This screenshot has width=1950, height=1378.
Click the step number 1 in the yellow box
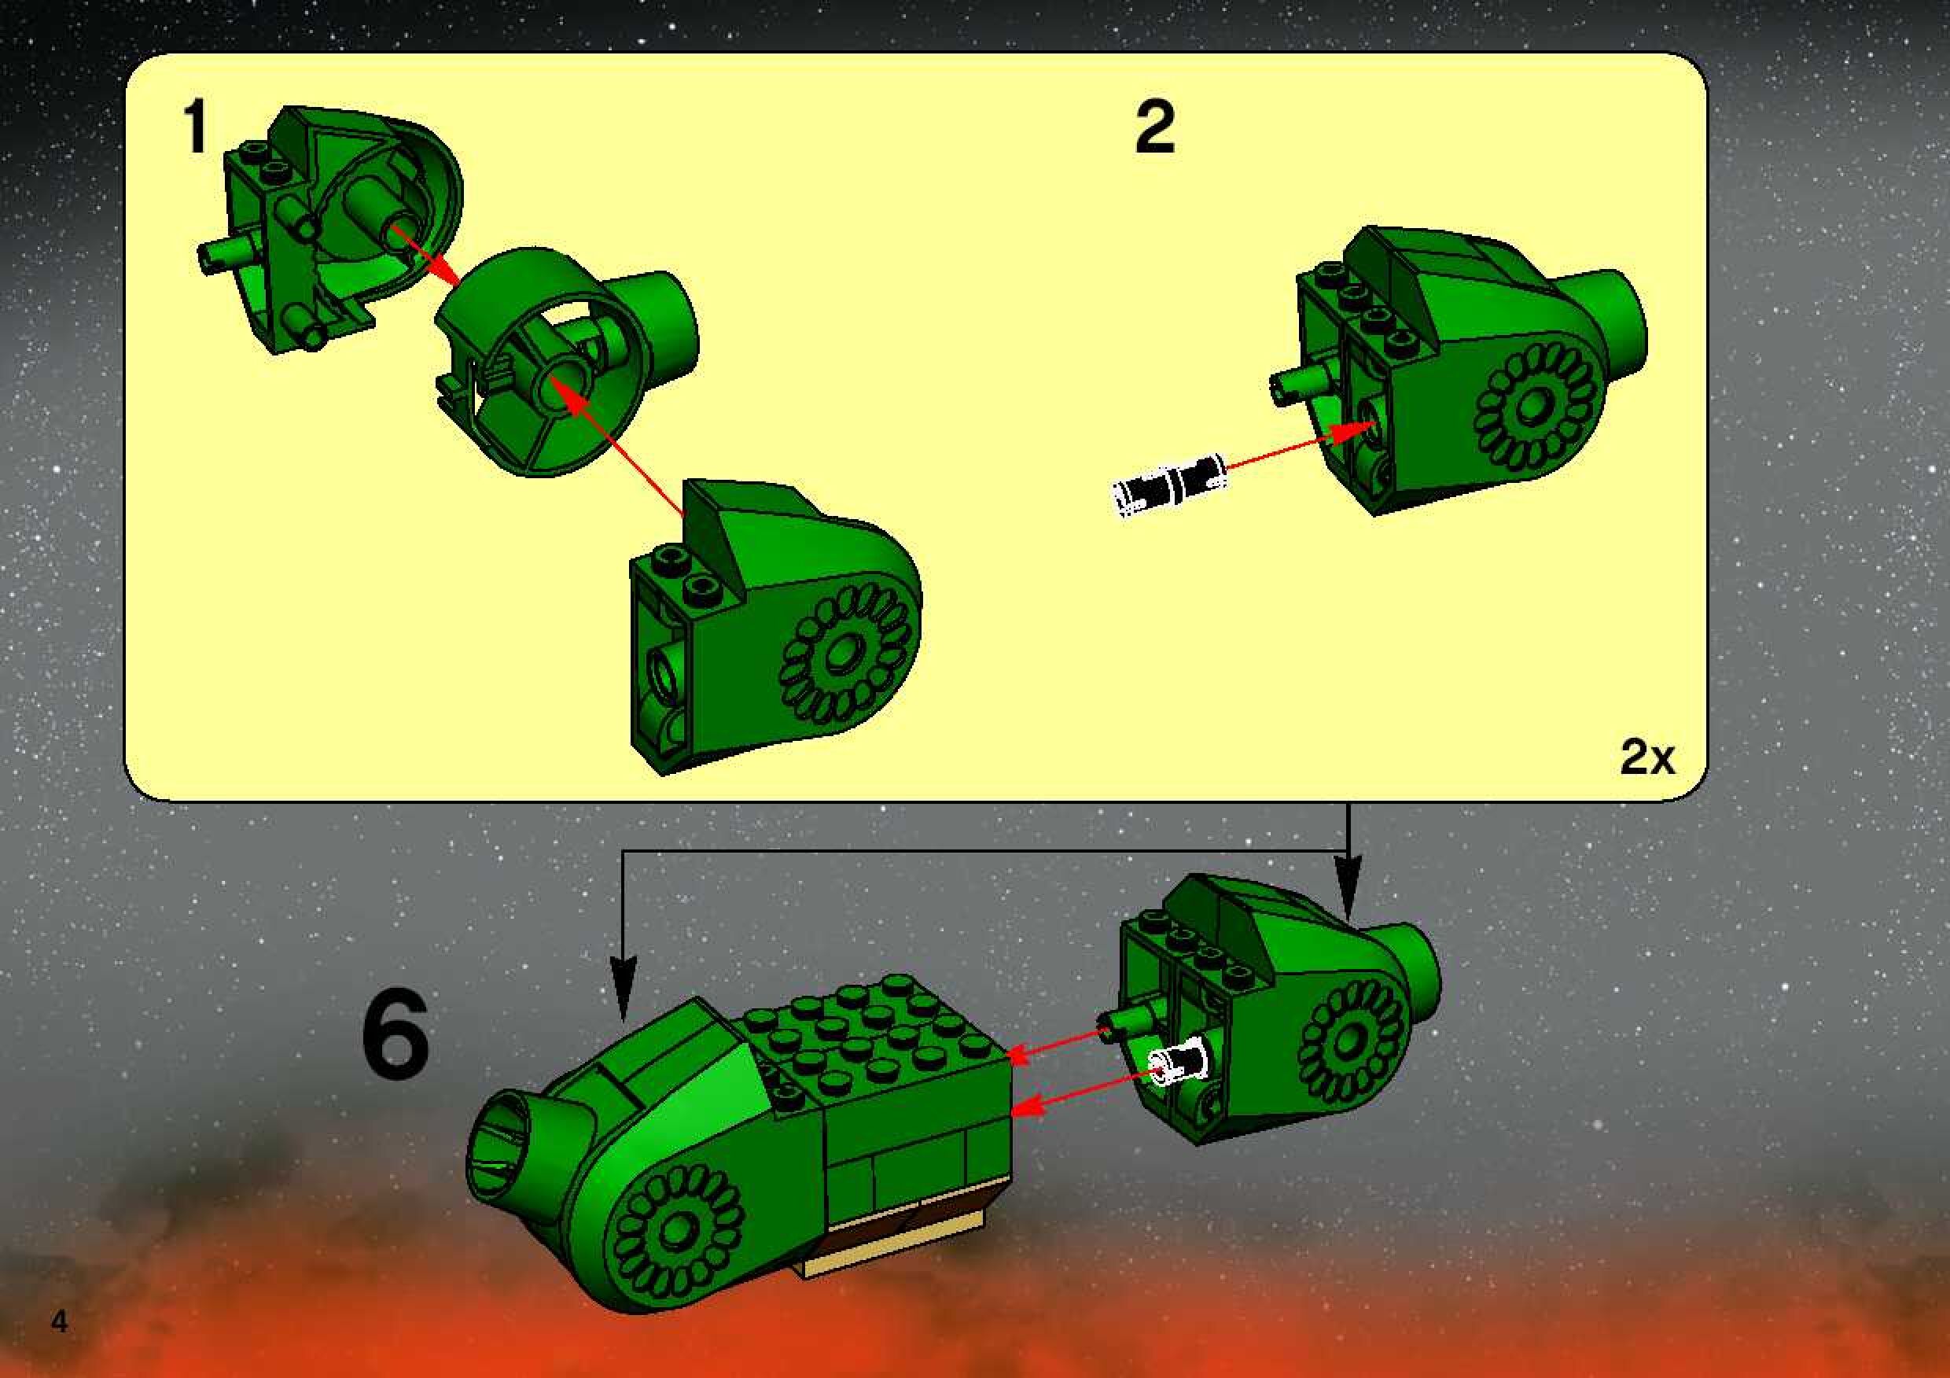point(197,126)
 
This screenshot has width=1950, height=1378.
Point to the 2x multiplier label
point(1646,757)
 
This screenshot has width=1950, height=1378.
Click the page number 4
point(60,1322)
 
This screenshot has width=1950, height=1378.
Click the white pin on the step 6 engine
point(1176,1063)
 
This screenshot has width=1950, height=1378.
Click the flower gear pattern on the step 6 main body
point(678,1229)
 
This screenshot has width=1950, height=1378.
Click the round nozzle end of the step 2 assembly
point(1613,327)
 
